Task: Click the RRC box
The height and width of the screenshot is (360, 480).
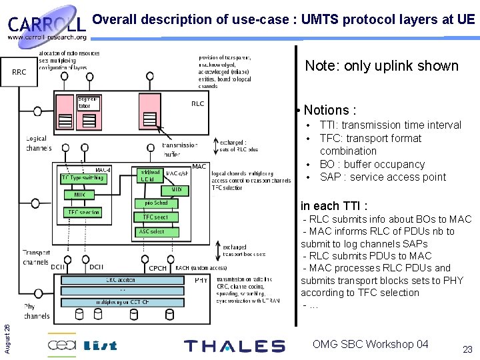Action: coord(20,72)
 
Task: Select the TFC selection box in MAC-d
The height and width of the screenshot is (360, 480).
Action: coord(83,213)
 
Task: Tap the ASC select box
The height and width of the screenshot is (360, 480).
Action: coord(151,231)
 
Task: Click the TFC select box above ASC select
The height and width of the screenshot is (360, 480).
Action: coord(155,217)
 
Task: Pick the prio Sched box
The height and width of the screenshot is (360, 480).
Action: coord(156,203)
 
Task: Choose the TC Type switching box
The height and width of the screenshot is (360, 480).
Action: coord(83,178)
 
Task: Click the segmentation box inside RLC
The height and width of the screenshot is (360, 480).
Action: coord(88,103)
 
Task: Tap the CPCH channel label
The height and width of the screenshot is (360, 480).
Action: coord(158,268)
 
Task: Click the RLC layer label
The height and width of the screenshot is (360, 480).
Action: coord(197,103)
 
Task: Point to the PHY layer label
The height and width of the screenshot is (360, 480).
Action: coord(201,281)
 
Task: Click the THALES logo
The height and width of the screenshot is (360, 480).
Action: coord(234,346)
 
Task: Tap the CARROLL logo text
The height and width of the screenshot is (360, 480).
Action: coord(47,25)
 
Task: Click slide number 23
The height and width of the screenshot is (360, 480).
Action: coord(467,349)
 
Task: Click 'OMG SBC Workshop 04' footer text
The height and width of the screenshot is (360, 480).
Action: coord(370,344)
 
